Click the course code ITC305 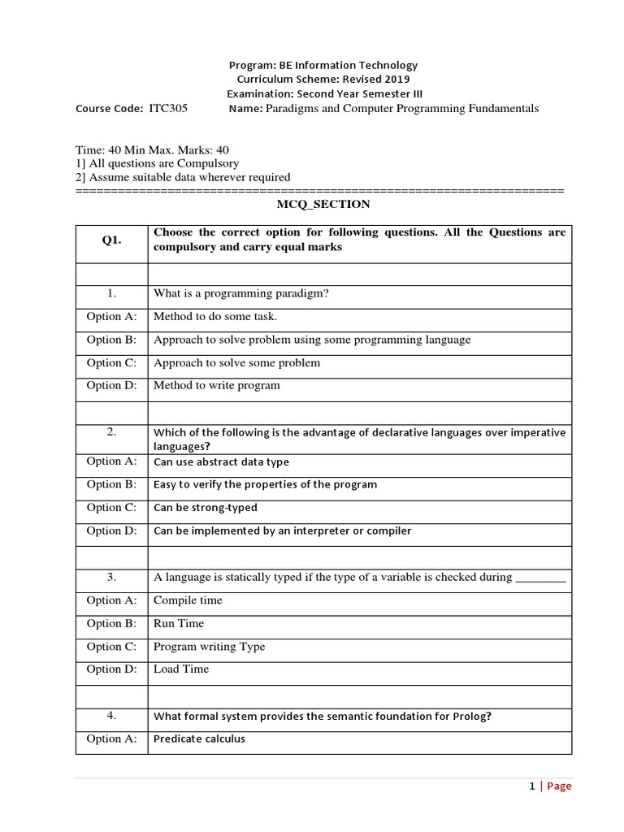[x=168, y=108]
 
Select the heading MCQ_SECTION [x=323, y=204]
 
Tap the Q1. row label [x=111, y=240]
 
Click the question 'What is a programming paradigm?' [x=240, y=293]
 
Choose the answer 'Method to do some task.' [x=215, y=317]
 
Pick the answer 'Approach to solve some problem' [x=236, y=362]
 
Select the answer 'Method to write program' [x=216, y=385]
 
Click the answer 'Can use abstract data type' [x=221, y=461]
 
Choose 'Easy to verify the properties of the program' [x=265, y=484]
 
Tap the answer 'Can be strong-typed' [x=205, y=508]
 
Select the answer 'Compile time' [x=188, y=600]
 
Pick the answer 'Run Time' [x=179, y=623]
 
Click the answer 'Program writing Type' [x=209, y=647]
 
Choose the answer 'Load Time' [x=181, y=669]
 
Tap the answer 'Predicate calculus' [x=199, y=739]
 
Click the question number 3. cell [x=111, y=577]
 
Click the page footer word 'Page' [x=559, y=786]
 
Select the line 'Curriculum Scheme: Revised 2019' [x=323, y=80]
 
